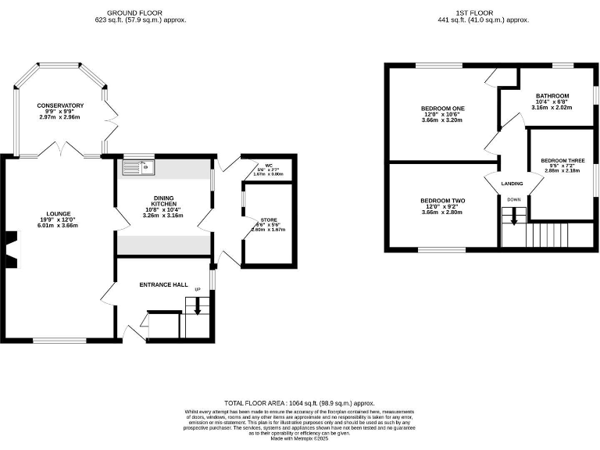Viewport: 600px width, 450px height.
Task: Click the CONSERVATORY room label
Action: point(59,105)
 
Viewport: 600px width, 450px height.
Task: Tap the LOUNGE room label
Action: point(59,213)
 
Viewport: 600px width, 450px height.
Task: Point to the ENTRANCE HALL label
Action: point(160,284)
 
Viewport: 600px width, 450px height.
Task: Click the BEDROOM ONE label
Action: point(443,108)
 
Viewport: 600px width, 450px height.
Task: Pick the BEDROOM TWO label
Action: point(443,200)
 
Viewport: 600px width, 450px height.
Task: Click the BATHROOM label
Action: point(552,95)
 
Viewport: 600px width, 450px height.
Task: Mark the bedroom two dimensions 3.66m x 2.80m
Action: point(443,212)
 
